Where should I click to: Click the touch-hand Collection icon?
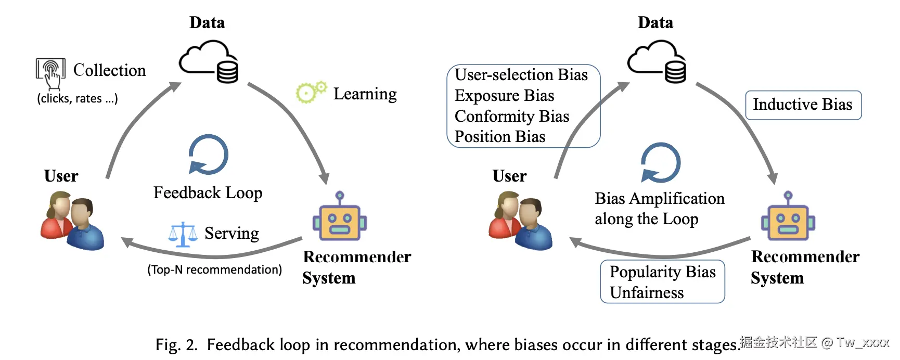(50, 73)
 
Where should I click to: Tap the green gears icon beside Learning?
(311, 92)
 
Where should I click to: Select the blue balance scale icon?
(183, 234)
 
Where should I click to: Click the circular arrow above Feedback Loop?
(208, 155)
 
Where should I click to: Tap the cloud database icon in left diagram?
(209, 62)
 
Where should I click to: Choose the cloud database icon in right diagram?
(657, 62)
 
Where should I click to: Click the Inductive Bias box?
(803, 105)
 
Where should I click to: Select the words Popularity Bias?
(663, 272)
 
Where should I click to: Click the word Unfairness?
(647, 293)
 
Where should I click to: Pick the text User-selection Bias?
(521, 75)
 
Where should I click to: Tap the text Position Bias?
(500, 137)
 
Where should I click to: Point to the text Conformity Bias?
(512, 117)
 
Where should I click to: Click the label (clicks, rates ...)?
(78, 98)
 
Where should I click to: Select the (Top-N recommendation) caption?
(215, 269)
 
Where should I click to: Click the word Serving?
(232, 234)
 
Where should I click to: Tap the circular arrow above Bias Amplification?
(661, 162)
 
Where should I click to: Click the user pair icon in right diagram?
(520, 221)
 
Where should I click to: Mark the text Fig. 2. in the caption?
(176, 345)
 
